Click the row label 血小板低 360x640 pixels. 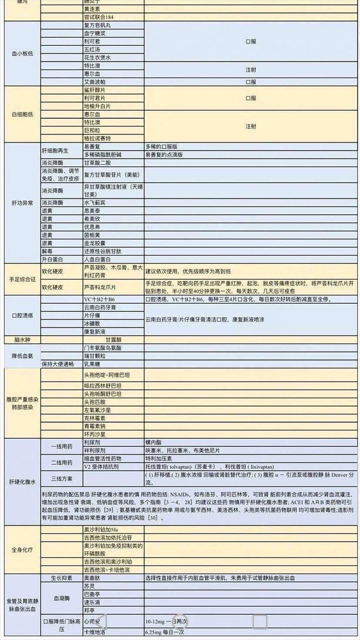[x=22, y=53]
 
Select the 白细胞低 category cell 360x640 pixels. [x=22, y=114]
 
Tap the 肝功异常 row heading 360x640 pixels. [x=22, y=203]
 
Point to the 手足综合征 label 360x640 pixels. [x=22, y=279]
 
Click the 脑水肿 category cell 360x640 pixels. [x=22, y=339]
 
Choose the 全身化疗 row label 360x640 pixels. [x=22, y=550]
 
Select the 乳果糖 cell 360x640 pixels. [x=92, y=364]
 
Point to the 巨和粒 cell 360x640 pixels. [x=92, y=130]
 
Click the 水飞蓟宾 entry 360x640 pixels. [x=94, y=203]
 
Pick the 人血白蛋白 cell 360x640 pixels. [x=97, y=259]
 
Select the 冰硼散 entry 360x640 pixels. [x=92, y=323]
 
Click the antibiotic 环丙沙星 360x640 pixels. [x=94, y=434]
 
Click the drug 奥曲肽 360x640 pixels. [x=92, y=578]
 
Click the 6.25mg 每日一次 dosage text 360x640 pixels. [x=165, y=632]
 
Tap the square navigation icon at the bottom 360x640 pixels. [x=260, y=622]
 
